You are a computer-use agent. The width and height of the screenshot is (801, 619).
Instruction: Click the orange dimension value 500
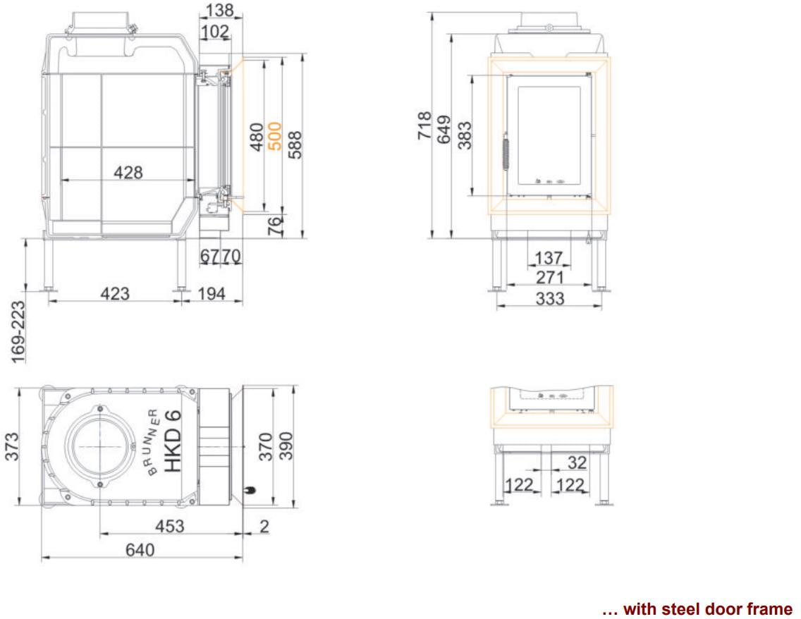pyautogui.click(x=275, y=136)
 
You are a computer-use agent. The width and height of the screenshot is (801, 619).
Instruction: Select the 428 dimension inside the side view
pyautogui.click(x=128, y=172)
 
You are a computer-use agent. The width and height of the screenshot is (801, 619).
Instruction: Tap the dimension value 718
pyautogui.click(x=424, y=125)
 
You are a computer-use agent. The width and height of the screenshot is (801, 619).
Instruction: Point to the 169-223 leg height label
pyautogui.click(x=18, y=332)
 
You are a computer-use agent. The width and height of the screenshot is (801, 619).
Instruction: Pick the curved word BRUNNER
pyautogui.click(x=154, y=442)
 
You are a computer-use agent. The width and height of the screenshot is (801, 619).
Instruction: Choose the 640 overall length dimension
pyautogui.click(x=140, y=549)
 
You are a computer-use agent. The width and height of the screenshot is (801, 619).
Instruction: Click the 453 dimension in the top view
pyautogui.click(x=170, y=526)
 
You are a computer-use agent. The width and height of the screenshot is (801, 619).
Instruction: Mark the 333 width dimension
pyautogui.click(x=550, y=298)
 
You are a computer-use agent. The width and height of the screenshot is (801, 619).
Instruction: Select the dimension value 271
pyautogui.click(x=550, y=277)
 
